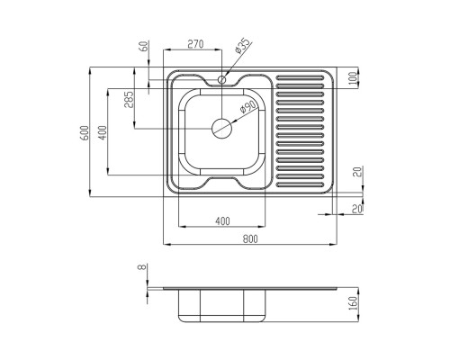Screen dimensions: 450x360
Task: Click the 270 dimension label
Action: point(195,44)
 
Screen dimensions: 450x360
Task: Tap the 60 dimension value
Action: point(144,46)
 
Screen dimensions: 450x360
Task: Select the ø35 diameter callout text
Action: point(242,46)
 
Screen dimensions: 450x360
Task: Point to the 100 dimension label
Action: point(354,78)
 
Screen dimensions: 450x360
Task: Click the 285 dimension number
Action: point(129,99)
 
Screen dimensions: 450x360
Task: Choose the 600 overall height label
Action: point(85,132)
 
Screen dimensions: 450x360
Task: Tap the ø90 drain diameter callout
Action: point(247,107)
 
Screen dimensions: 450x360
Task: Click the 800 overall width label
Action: point(250,238)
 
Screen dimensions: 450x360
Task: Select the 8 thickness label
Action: point(141,267)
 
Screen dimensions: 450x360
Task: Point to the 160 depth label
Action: point(354,303)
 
